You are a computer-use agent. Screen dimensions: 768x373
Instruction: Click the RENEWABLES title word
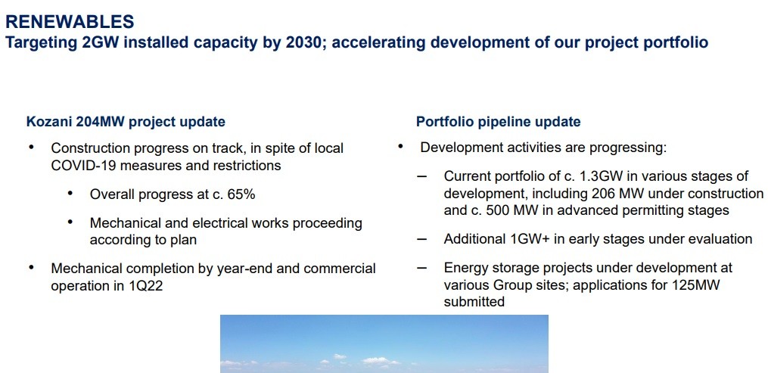click(70, 21)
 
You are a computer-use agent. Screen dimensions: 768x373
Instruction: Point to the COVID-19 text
click(83, 166)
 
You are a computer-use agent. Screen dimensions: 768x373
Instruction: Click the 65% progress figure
click(241, 194)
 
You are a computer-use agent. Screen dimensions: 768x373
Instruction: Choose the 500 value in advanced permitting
click(498, 210)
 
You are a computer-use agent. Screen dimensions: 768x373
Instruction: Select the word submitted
click(474, 302)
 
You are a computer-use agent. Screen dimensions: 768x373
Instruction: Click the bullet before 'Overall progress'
click(70, 194)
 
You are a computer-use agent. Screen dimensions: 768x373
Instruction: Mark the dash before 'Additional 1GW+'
click(421, 239)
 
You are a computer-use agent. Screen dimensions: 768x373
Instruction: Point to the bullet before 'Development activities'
click(400, 146)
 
